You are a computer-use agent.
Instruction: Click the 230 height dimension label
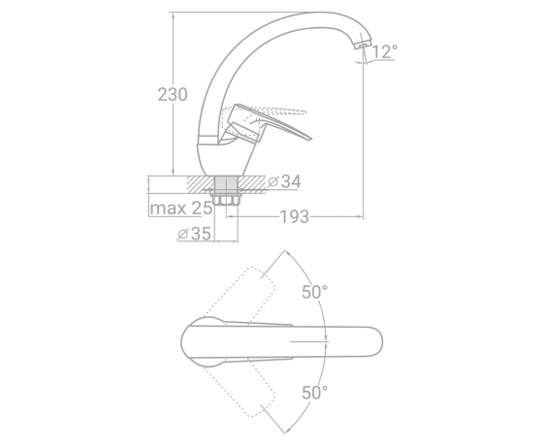[173, 94]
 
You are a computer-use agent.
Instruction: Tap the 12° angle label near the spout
[384, 51]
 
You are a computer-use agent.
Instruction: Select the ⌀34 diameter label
[285, 181]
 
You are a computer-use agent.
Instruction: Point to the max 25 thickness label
[180, 208]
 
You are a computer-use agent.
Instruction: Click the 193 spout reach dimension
[294, 217]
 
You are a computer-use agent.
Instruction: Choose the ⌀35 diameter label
[194, 234]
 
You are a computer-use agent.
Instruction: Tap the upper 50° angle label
[314, 292]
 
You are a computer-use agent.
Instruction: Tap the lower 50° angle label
[314, 393]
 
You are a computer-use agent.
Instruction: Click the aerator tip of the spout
[363, 45]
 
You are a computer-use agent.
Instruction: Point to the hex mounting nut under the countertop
[226, 200]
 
